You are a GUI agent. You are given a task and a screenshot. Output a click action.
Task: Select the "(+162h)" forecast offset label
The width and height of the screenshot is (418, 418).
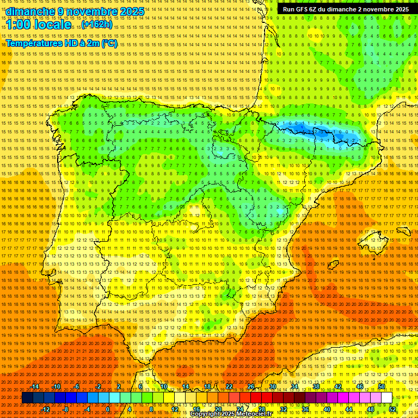(x=97, y=24)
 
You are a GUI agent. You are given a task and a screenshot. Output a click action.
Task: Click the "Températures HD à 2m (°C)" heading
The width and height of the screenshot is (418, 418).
(x=62, y=43)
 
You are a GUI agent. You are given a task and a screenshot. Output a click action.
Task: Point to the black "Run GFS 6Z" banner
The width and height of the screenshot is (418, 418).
(x=346, y=9)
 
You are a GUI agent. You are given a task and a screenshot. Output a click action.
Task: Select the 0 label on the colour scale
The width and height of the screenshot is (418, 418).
(x=108, y=409)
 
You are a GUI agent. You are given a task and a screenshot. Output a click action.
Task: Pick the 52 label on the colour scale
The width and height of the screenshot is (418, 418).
(x=393, y=409)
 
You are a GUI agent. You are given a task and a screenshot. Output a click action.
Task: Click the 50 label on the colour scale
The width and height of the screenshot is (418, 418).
(x=382, y=386)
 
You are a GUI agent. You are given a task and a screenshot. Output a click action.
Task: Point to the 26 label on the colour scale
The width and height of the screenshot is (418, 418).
(x=251, y=386)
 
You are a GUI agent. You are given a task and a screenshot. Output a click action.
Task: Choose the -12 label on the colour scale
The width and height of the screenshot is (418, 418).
(x=46, y=409)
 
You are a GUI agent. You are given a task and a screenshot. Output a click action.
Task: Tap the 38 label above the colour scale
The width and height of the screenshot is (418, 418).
(x=316, y=386)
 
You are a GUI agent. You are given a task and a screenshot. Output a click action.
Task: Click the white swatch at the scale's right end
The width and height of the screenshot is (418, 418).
(x=386, y=398)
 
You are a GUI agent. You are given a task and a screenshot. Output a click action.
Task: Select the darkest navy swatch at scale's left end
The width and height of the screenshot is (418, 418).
(x=27, y=398)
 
